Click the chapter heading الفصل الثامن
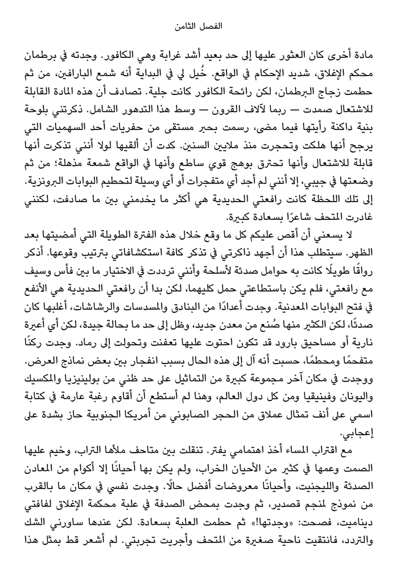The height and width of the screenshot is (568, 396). coord(197,26)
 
